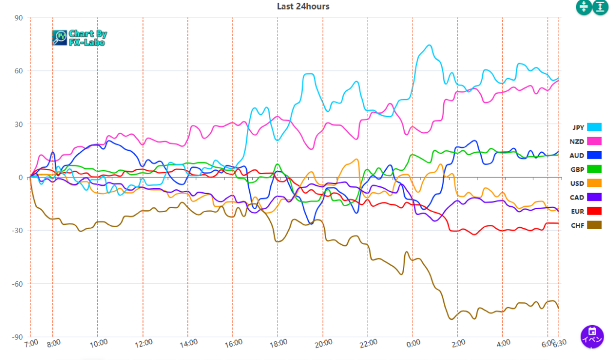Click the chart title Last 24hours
303,6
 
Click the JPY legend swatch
594,127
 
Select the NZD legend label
577,141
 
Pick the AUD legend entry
586,155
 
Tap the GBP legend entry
586,169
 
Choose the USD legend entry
586,183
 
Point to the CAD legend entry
586,197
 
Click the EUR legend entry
586,211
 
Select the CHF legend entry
586,225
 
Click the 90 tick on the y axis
18,18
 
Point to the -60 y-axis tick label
16,284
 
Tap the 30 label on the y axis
18,124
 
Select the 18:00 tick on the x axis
277,344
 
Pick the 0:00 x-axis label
413,344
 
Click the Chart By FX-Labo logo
79,38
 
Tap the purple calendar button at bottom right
592,336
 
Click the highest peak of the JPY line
429,45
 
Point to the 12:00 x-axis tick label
143,344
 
